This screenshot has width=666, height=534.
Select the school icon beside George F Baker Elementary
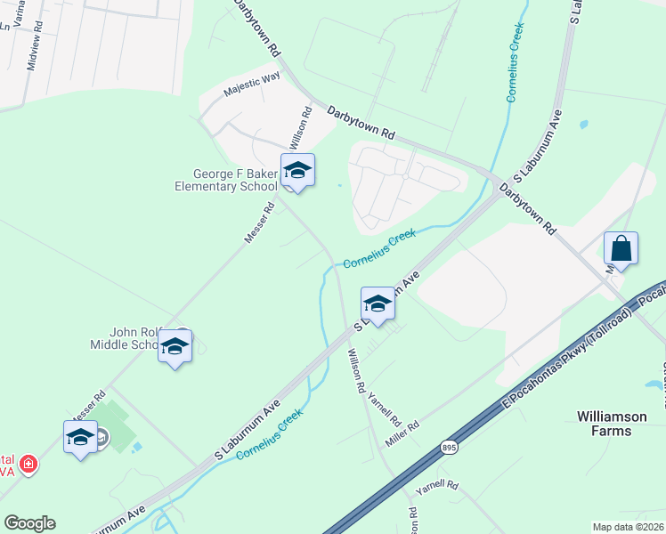[x=297, y=171]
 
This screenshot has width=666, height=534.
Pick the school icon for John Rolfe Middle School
[x=175, y=347]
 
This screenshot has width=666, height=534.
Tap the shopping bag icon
[x=621, y=249]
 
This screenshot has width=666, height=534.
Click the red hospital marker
[x=28, y=465]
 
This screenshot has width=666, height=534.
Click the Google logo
[x=29, y=523]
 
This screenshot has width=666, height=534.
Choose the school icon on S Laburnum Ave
[x=378, y=303]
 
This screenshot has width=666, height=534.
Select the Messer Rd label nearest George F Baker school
[x=261, y=224]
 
